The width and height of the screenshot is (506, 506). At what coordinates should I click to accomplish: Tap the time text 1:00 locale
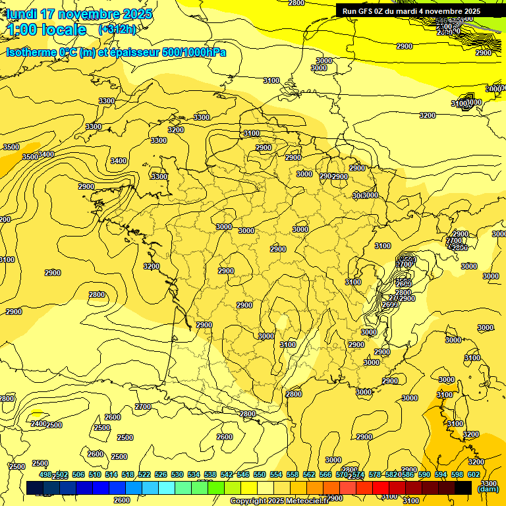[47, 30]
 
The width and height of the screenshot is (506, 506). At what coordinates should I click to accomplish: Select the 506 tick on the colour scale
[78, 475]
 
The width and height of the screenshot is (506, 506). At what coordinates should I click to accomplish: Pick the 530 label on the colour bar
[177, 475]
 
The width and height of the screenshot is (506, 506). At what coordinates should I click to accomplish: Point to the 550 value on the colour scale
[260, 475]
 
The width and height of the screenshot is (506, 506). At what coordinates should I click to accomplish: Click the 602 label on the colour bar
[474, 475]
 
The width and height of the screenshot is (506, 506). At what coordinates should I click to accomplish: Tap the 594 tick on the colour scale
[441, 475]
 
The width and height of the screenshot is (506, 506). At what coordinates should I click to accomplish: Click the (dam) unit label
[488, 488]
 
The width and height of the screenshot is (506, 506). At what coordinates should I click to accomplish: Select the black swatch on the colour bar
[463, 488]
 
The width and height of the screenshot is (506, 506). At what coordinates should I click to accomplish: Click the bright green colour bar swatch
[216, 488]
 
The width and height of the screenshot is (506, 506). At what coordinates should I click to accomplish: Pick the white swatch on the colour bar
[266, 488]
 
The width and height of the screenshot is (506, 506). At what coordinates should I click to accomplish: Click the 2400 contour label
[38, 424]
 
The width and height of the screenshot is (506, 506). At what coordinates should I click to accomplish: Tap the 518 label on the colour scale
[128, 475]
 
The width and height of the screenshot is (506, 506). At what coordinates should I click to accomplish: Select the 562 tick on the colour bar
[309, 475]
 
